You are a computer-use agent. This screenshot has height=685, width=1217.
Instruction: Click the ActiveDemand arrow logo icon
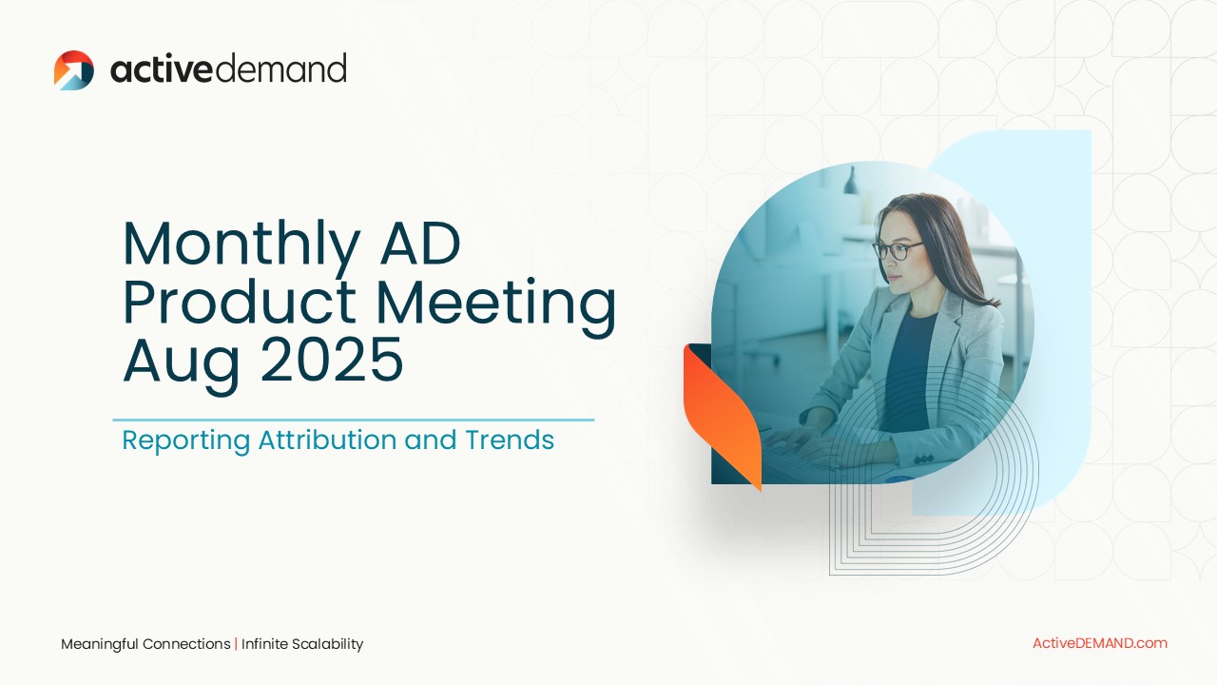pyautogui.click(x=74, y=70)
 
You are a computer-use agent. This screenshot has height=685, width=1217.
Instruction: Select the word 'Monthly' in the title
pyautogui.click(x=241, y=245)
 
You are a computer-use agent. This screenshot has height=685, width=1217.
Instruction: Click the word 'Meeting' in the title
pyautogui.click(x=496, y=306)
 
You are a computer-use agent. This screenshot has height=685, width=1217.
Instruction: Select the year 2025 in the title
pyautogui.click(x=332, y=360)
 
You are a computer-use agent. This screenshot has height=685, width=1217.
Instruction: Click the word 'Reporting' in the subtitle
pyautogui.click(x=185, y=440)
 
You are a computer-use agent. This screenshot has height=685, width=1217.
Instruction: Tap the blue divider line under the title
pyautogui.click(x=353, y=420)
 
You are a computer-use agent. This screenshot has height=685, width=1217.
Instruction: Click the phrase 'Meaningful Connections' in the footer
pyautogui.click(x=145, y=644)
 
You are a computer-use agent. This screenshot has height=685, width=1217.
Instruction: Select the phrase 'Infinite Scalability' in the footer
pyautogui.click(x=302, y=644)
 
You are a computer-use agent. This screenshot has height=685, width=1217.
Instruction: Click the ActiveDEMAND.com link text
pyautogui.click(x=1100, y=643)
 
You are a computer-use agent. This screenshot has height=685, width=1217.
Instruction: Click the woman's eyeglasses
pyautogui.click(x=897, y=250)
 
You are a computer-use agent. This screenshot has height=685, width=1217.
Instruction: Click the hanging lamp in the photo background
pyautogui.click(x=851, y=181)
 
